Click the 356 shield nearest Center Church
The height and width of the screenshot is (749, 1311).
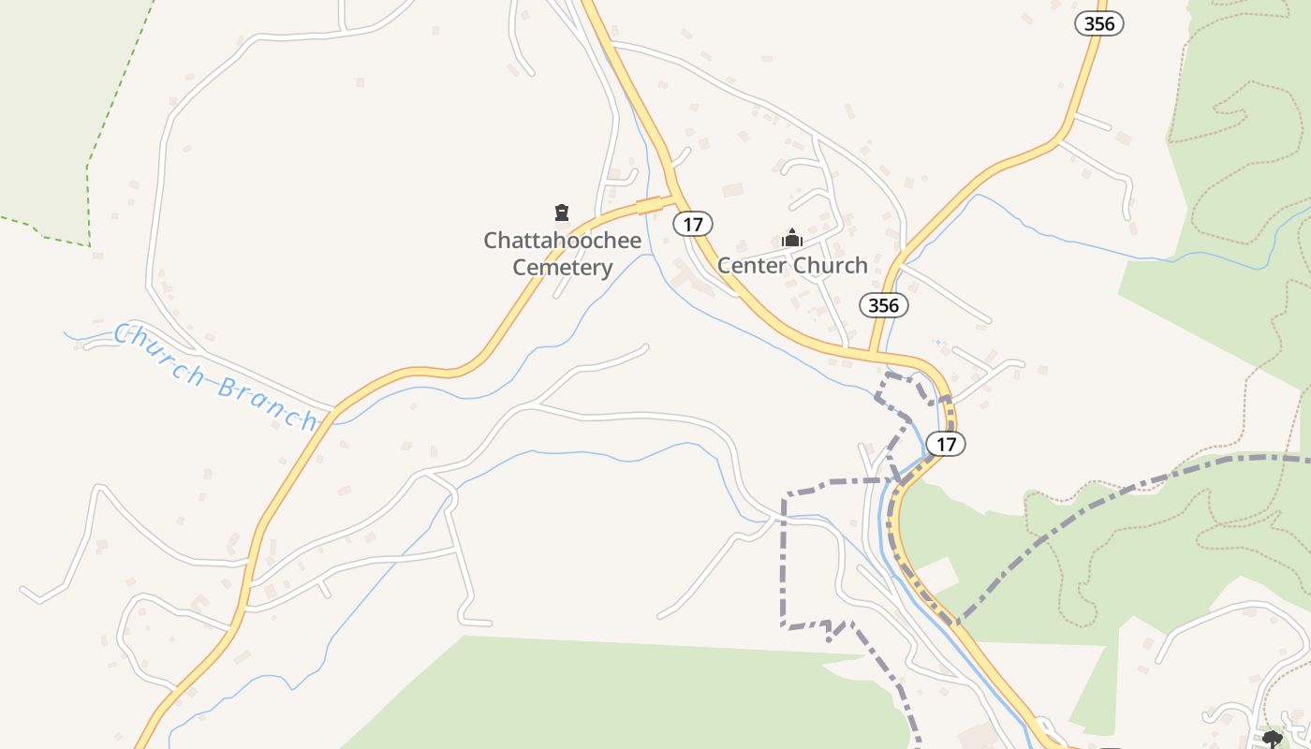pos(883,305)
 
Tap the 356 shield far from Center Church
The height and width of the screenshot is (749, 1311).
pos(1098,23)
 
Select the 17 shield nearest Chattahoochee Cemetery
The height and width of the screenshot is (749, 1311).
pos(692,224)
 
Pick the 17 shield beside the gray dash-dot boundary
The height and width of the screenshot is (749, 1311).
pos(946,443)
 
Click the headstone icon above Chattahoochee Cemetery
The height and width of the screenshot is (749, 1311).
pos(562,213)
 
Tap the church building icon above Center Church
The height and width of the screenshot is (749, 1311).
pos(792,239)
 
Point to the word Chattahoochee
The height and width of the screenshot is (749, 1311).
pos(562,241)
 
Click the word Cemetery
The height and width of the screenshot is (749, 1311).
pos(562,268)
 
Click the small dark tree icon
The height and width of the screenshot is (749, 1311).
pos(1272,739)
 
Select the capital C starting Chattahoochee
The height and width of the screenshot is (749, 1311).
pos(492,241)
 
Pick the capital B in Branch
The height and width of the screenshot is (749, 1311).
pos(227,386)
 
